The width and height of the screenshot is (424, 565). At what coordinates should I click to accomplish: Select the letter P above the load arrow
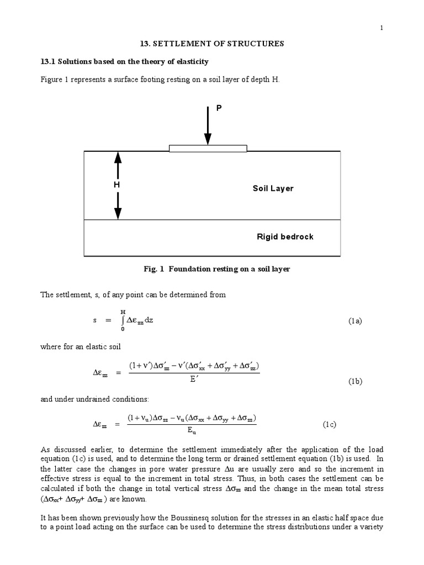[219, 109]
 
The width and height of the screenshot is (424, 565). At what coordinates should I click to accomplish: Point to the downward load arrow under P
[208, 127]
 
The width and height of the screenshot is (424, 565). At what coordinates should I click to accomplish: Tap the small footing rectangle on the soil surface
[208, 148]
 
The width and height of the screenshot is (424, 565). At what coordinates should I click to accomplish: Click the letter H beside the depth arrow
[117, 185]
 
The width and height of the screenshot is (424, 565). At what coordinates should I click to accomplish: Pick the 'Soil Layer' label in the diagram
[273, 188]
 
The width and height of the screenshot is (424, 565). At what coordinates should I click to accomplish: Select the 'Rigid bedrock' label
[285, 237]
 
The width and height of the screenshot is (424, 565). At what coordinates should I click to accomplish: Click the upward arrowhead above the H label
[117, 158]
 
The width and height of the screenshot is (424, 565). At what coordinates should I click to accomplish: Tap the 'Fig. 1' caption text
[216, 269]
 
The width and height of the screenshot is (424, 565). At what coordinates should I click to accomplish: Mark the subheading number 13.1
[49, 61]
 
